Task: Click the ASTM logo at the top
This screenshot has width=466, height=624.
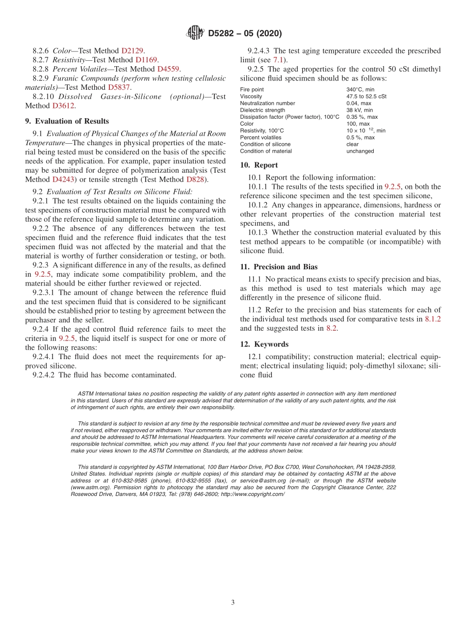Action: [195, 33]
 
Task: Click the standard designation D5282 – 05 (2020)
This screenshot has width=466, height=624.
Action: [245, 34]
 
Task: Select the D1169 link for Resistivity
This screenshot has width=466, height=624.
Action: [146, 60]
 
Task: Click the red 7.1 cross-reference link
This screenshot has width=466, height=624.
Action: [278, 60]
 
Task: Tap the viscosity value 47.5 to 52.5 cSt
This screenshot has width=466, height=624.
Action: [366, 97]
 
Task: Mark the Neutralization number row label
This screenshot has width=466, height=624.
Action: [267, 104]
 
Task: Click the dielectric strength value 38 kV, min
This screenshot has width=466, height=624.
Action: [360, 110]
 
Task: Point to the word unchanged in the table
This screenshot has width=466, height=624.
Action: [360, 151]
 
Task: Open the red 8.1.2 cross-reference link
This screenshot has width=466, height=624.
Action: [432, 319]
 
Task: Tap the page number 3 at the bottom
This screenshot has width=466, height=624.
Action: [233, 602]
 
